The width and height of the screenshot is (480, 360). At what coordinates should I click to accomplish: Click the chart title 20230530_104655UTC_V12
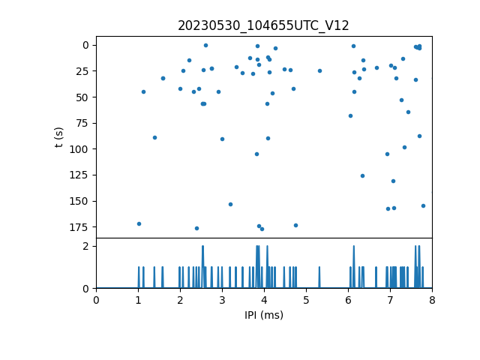pos(263,25)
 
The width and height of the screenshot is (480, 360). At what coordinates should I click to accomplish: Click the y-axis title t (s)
pos(59,136)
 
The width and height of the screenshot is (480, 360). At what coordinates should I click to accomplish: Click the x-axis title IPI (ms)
pos(263,315)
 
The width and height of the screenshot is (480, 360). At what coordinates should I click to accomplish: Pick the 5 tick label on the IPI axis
pos(306,300)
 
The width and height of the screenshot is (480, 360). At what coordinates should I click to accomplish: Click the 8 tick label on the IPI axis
pos(432,300)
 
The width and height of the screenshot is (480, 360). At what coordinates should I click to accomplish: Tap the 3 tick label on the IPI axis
pos(222,300)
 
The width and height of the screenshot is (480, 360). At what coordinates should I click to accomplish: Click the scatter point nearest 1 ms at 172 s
pos(139,223)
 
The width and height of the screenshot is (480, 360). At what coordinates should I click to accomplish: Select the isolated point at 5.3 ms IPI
pos(319,71)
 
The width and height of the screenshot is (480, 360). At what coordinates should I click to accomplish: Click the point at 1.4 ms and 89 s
pos(154,137)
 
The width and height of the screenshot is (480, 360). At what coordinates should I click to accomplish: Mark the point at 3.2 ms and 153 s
pos(230,204)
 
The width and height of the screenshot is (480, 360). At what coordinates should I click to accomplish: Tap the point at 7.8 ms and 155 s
pos(423,205)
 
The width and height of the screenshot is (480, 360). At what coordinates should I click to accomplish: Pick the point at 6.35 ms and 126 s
pos(362,175)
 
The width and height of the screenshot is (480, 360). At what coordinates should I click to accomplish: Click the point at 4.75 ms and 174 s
pos(295,225)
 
